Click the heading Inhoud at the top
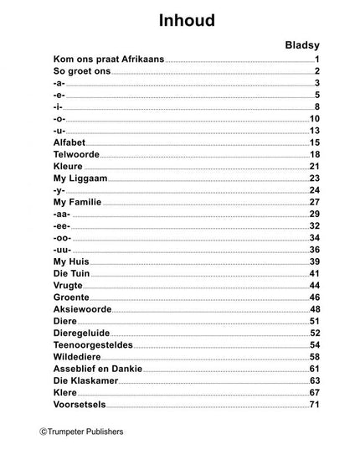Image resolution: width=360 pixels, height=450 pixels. (x=179, y=20)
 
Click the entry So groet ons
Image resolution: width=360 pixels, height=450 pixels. (x=81, y=72)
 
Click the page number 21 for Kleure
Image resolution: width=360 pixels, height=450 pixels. (x=315, y=167)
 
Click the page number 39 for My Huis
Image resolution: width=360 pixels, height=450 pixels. (x=315, y=261)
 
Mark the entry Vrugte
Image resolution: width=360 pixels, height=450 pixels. (x=69, y=286)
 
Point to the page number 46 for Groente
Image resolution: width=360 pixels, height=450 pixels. (x=315, y=297)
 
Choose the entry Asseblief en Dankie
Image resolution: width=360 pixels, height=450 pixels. (x=100, y=369)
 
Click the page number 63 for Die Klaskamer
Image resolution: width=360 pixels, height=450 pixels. (x=315, y=380)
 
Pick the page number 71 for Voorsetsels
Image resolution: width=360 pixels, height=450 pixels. (x=315, y=405)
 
